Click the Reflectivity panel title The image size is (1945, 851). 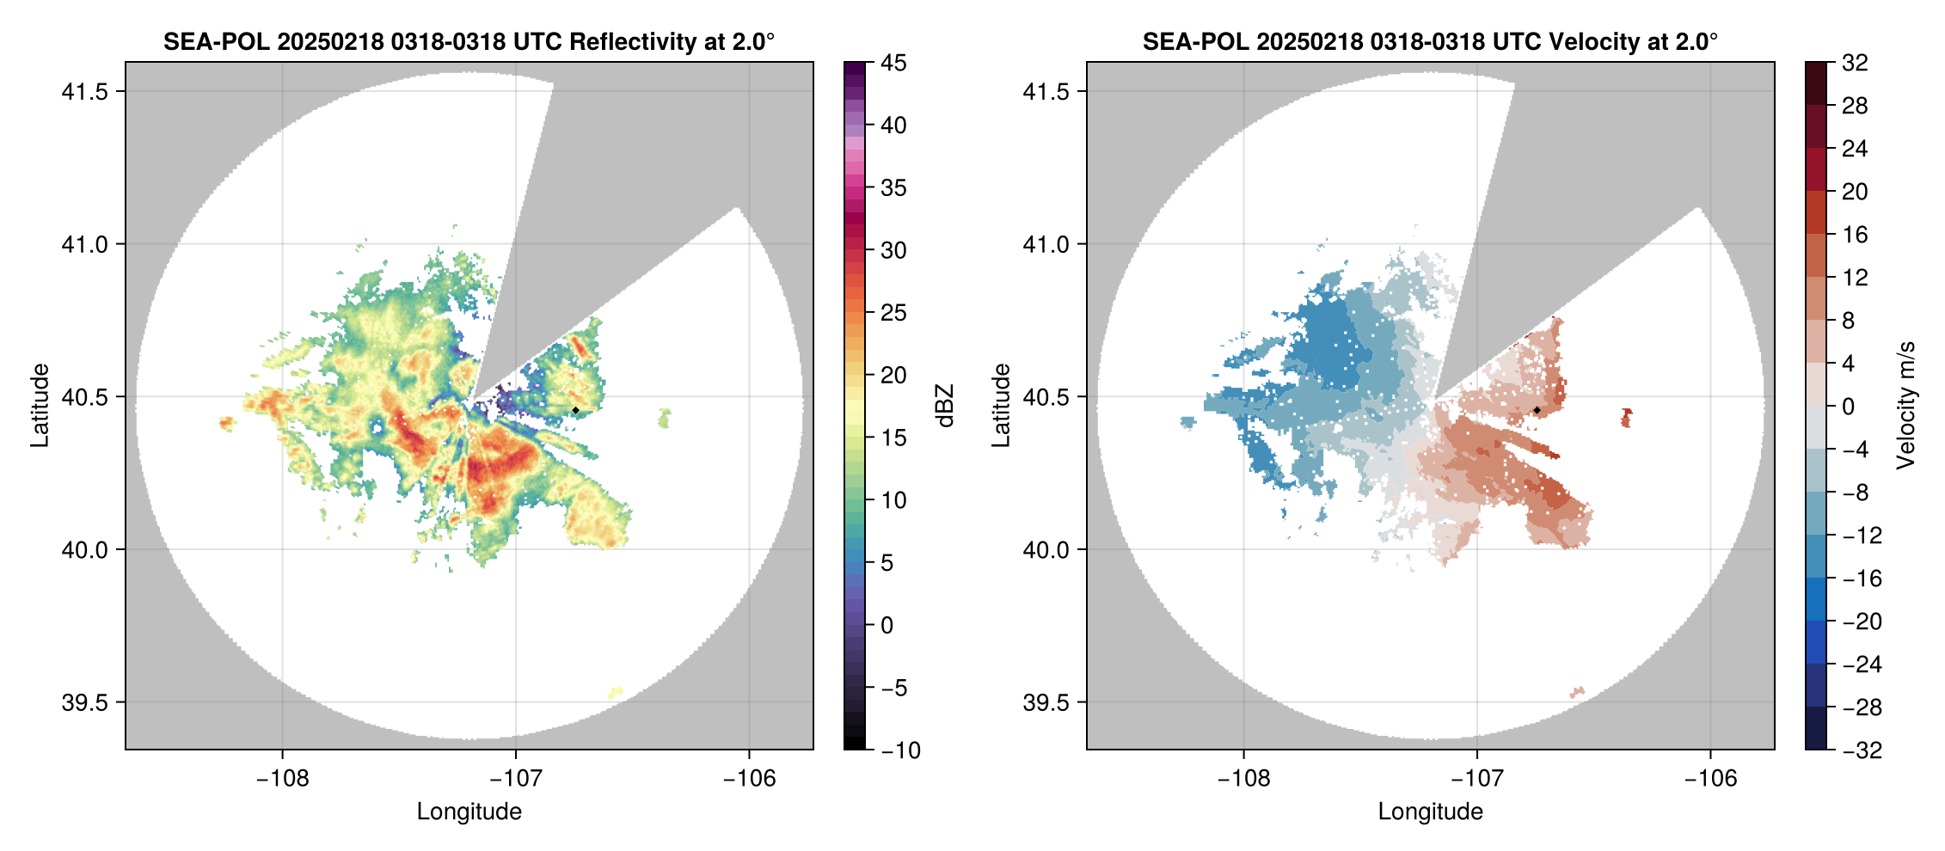(x=469, y=41)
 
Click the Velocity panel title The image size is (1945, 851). (x=1430, y=41)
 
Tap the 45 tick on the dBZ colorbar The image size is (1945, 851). (x=893, y=63)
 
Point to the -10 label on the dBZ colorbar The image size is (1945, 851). (x=900, y=750)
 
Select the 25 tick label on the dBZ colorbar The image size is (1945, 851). (x=893, y=313)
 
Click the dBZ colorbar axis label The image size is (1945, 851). (x=945, y=406)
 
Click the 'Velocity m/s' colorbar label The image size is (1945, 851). (x=1906, y=405)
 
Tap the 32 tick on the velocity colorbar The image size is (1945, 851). (x=1855, y=63)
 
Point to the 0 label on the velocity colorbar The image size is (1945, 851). (x=1848, y=407)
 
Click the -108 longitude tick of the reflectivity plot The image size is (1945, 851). (x=282, y=779)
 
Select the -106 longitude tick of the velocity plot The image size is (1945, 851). (x=1710, y=779)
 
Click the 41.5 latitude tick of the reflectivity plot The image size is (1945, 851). (x=84, y=92)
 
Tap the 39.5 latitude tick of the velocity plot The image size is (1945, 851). (x=1046, y=702)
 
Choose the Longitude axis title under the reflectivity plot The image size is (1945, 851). (x=469, y=811)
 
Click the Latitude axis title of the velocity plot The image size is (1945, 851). (x=1000, y=405)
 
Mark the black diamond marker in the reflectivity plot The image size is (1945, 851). (x=575, y=410)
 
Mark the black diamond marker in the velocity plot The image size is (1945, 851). (x=1537, y=410)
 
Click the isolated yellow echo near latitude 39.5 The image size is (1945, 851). (x=616, y=692)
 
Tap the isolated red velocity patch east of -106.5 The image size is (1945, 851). (x=1626, y=418)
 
